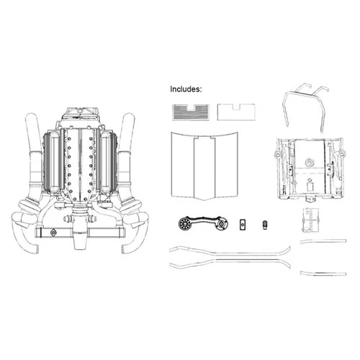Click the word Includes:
[x=186, y=89]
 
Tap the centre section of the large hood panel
[x=204, y=168]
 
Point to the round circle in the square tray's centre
[x=310, y=163]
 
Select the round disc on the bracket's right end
[x=222, y=224]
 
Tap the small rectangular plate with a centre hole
[x=243, y=225]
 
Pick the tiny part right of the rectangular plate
[x=265, y=225]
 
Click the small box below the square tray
[x=311, y=220]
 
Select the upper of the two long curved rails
[x=230, y=252]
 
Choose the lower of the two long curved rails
[x=230, y=262]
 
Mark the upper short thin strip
[x=323, y=241]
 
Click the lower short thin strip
[x=323, y=273]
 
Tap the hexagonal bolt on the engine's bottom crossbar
[x=53, y=233]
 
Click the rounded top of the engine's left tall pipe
[x=32, y=117]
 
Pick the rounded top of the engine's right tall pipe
[x=129, y=117]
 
